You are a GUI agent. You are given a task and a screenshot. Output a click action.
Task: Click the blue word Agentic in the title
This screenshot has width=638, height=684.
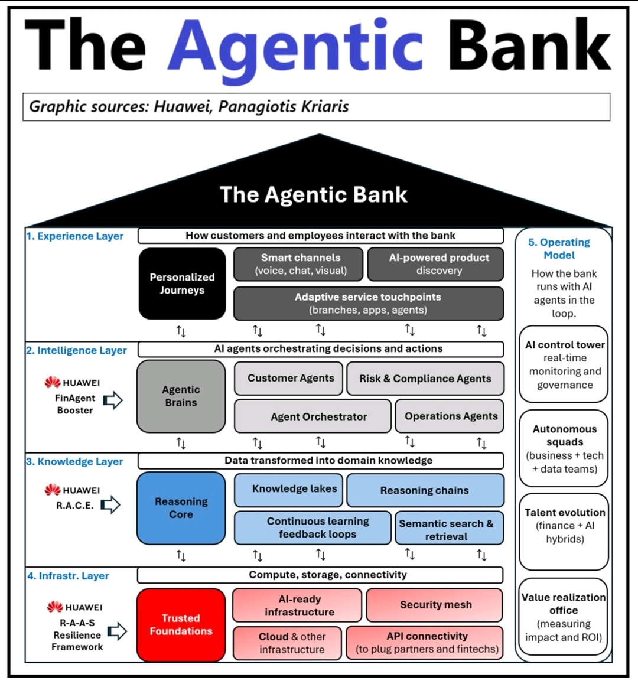tap(295, 46)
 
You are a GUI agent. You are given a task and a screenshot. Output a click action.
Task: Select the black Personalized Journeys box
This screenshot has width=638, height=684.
tap(182, 284)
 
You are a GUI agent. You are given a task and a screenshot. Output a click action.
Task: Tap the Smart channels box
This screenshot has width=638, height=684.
tap(298, 264)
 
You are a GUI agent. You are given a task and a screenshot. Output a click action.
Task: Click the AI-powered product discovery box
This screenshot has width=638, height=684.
tap(436, 264)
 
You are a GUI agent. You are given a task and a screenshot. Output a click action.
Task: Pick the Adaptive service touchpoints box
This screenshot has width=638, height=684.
tap(368, 303)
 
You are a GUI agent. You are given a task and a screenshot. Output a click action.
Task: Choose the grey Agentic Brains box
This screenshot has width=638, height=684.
tap(181, 396)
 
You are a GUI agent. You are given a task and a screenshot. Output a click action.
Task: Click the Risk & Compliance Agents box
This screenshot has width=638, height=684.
tap(425, 379)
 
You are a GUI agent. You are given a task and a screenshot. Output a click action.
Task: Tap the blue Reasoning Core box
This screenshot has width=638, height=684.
tap(181, 508)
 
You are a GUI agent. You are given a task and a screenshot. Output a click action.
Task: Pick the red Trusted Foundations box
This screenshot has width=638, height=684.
tap(181, 624)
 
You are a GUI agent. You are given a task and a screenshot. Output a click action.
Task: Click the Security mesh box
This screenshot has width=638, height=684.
tap(435, 605)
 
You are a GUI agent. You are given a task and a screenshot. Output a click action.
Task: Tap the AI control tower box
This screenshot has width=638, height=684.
tap(564, 364)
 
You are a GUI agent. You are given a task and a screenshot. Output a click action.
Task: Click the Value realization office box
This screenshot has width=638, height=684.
tap(564, 617)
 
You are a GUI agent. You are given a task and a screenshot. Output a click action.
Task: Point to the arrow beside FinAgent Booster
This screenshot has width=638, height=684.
tap(113, 400)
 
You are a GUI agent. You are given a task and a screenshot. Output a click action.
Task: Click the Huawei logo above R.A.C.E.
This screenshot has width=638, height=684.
tap(53, 490)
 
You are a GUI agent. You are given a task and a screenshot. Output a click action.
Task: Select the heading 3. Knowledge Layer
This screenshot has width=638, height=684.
tap(74, 461)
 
